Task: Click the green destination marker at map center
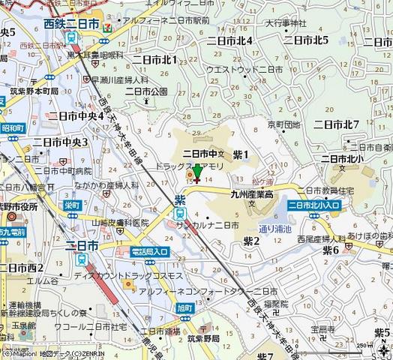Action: click(197, 172)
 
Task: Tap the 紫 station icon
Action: click(180, 214)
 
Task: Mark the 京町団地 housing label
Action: click(284, 124)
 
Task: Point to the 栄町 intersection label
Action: click(72, 204)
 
